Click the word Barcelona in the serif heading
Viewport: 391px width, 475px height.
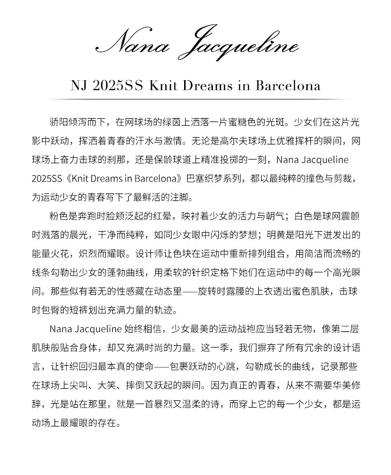click(x=288, y=85)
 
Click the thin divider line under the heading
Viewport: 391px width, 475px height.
click(x=195, y=99)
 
